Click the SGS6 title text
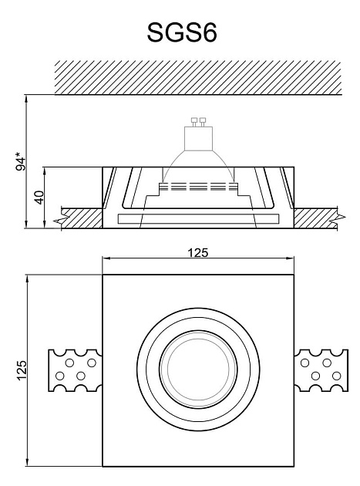click(x=182, y=32)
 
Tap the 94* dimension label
click(x=21, y=161)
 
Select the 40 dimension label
click(x=39, y=197)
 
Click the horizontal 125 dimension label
click(x=198, y=253)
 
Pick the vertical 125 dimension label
click(x=22, y=370)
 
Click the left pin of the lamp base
click(x=194, y=122)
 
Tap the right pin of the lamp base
click(x=203, y=122)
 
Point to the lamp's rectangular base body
click(x=199, y=139)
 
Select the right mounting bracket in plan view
click(x=321, y=370)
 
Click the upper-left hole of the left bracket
click(x=69, y=363)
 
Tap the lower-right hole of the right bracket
click(x=336, y=376)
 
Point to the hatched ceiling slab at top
click(x=198, y=77)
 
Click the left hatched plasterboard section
click(x=82, y=218)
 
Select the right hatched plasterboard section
click(x=319, y=218)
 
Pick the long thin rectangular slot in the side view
click(x=198, y=218)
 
